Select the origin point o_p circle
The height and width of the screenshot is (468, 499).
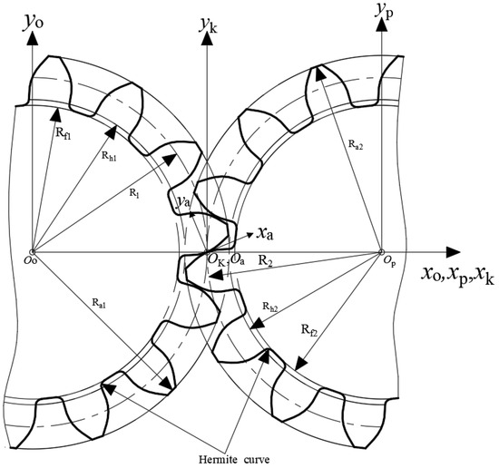coord(382,252)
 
